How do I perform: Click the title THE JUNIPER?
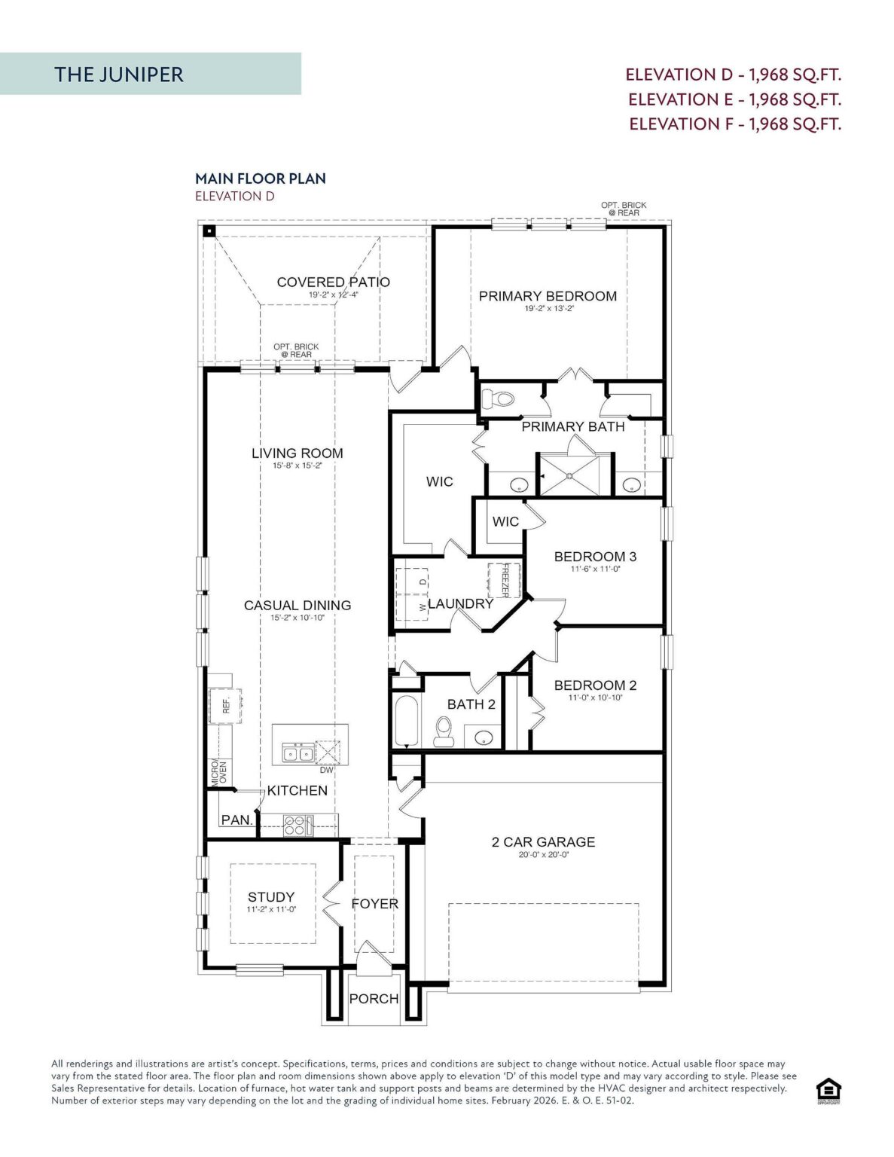(x=119, y=74)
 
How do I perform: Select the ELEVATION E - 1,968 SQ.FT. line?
(x=734, y=99)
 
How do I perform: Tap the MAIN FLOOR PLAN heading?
(x=261, y=179)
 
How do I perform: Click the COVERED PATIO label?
(x=333, y=282)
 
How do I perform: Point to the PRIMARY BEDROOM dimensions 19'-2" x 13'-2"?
(x=548, y=308)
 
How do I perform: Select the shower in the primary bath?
(x=570, y=475)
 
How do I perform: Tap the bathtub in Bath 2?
(x=406, y=720)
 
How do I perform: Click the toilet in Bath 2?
(x=444, y=731)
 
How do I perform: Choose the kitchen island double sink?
(x=298, y=753)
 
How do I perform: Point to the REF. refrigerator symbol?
(x=226, y=706)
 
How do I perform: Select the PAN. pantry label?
(x=236, y=820)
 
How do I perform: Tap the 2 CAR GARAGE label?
(x=543, y=841)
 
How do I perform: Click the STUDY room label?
(x=271, y=896)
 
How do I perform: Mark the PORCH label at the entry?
(x=374, y=998)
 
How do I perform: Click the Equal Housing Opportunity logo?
(x=828, y=1091)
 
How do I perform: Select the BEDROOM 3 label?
(x=595, y=557)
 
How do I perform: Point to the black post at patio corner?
(x=209, y=231)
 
